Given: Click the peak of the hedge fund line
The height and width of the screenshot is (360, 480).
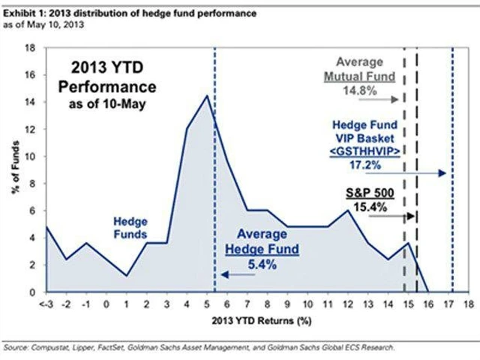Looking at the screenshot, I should tap(206, 95).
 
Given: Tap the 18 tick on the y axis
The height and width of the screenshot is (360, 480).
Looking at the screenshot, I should tap(31, 46).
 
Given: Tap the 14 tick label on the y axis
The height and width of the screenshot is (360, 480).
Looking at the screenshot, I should tap(31, 101).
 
